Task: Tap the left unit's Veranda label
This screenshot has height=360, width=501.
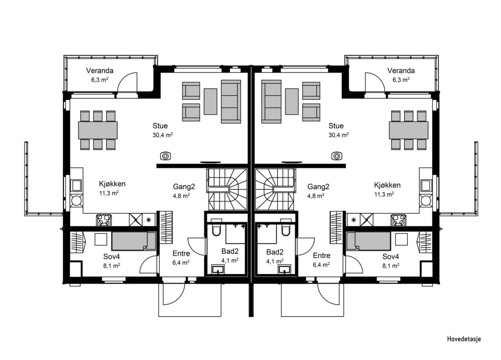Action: tap(100, 71)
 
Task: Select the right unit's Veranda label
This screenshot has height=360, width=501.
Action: tap(401, 71)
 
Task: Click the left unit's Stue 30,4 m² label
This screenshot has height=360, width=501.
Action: tap(160, 130)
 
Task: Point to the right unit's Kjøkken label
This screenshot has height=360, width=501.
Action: tap(387, 185)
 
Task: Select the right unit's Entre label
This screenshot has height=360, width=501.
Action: tap(321, 256)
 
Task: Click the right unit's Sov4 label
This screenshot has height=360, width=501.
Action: tap(391, 257)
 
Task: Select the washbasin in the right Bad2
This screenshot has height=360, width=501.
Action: tap(285, 269)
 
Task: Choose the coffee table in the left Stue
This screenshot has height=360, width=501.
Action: tap(211, 101)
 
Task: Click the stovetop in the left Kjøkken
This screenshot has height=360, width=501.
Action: tap(103, 220)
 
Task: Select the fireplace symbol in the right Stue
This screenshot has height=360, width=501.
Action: tap(336, 156)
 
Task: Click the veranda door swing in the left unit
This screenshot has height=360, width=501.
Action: tap(128, 83)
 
